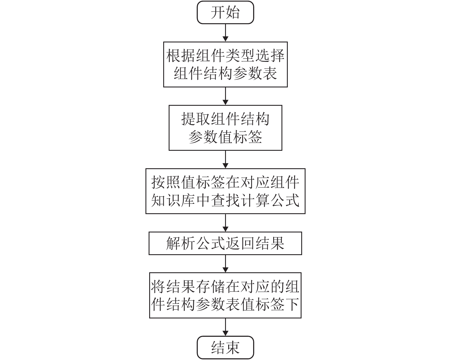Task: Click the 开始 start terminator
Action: point(225,12)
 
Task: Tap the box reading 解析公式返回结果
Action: point(225,243)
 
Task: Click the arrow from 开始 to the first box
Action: point(225,33)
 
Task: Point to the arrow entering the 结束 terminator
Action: point(225,327)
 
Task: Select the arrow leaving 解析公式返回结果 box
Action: point(225,264)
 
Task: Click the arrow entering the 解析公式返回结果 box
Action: point(225,223)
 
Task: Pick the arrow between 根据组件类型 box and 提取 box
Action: point(225,96)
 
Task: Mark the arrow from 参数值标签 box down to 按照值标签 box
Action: point(225,159)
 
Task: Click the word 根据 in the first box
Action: point(181,56)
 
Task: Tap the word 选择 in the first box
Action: point(270,56)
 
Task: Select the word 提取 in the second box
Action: point(196,119)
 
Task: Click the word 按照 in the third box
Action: point(166,182)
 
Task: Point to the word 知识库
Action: point(173,200)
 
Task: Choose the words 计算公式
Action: point(270,200)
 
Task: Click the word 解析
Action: point(181,243)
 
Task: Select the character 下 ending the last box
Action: point(292,304)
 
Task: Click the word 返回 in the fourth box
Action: point(240,243)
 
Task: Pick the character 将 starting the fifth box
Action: point(158,287)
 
